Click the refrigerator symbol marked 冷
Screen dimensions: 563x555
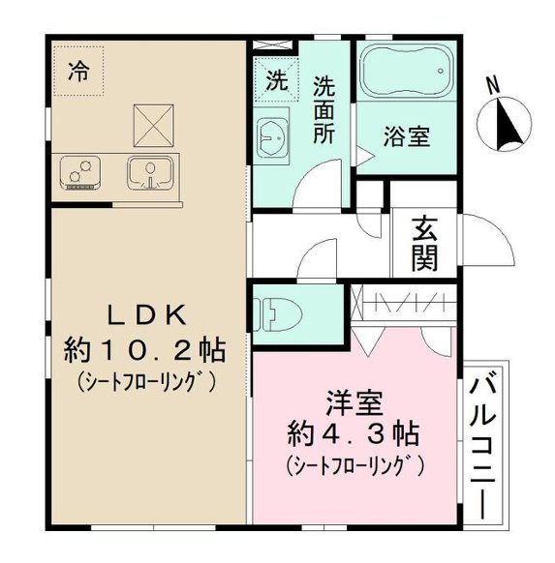(79, 70)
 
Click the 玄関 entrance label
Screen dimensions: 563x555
(424, 242)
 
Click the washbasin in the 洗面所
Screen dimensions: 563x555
(272, 138)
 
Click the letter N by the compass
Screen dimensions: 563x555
(493, 86)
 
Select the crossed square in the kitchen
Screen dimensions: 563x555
(151, 123)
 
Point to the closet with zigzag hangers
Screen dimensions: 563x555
(402, 302)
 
